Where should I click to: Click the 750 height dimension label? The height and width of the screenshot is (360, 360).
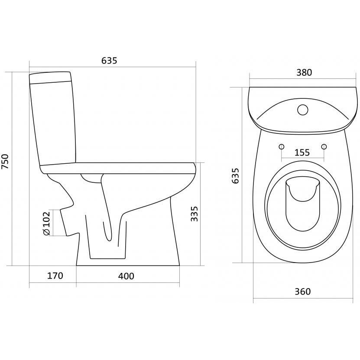click(x=5, y=162)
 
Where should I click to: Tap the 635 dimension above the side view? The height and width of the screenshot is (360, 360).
click(x=109, y=60)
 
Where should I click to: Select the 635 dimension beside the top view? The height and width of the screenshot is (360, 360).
click(x=235, y=176)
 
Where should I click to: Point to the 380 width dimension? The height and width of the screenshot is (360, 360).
click(x=304, y=72)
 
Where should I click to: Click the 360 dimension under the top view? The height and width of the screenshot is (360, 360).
click(x=303, y=292)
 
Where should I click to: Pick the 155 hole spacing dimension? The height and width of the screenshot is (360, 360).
click(x=302, y=152)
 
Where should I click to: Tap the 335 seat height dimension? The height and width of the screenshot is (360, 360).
click(x=194, y=214)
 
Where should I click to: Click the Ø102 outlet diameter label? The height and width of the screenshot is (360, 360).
click(x=46, y=223)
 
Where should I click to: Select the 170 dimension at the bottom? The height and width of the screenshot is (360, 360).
click(x=55, y=276)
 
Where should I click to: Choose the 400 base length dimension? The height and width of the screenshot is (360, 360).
click(x=126, y=276)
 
